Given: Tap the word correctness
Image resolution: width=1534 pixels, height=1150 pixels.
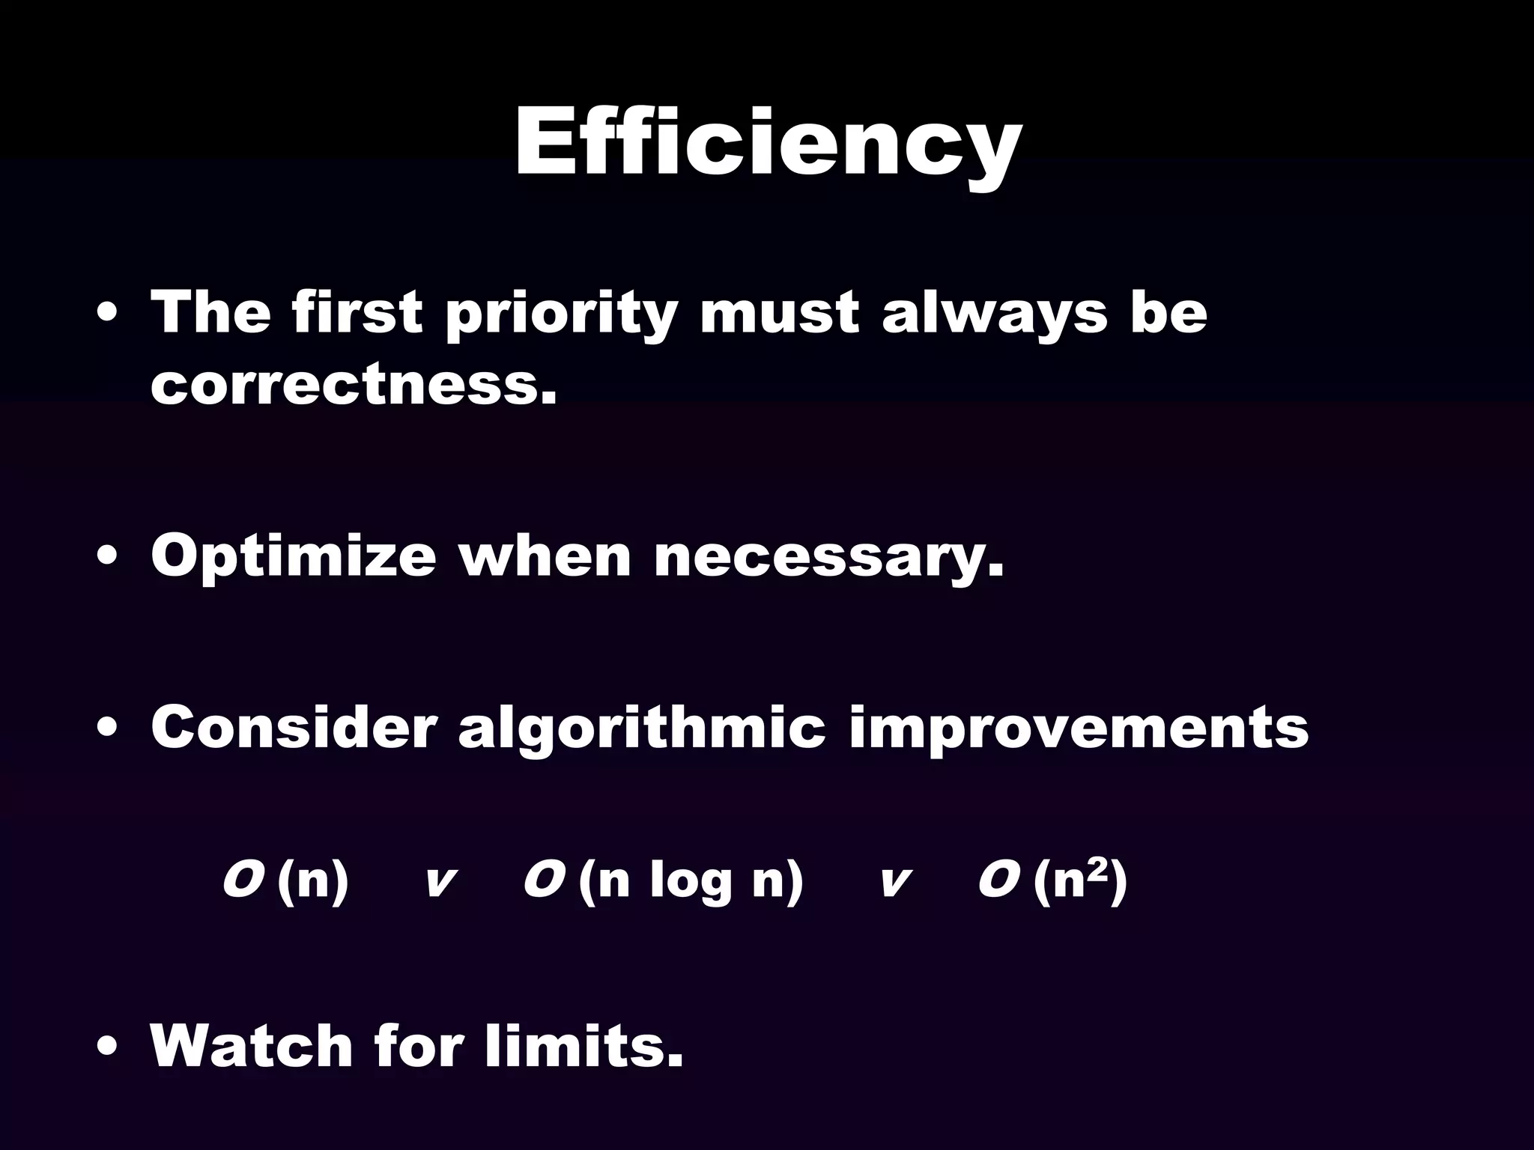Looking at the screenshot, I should [354, 386].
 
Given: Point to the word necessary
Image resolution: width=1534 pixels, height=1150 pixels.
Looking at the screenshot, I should [828, 558].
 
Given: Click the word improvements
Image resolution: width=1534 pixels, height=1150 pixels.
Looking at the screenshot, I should [1079, 728].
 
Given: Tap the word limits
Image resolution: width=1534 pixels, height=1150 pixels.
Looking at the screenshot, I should [583, 1046].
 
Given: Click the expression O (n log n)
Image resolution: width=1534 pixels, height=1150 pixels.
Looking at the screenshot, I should [663, 881].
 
